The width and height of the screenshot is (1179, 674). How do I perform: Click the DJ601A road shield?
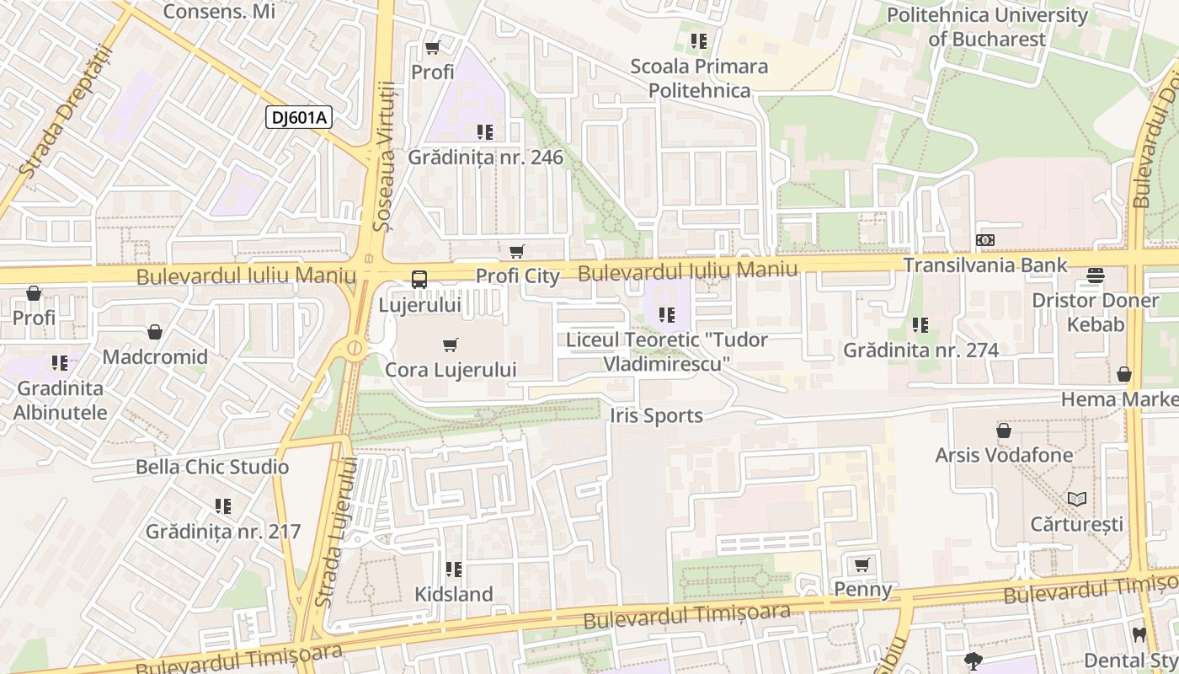click(x=299, y=117)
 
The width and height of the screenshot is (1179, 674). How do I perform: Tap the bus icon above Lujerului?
click(x=419, y=280)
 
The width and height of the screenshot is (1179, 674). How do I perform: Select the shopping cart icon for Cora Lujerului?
click(x=451, y=345)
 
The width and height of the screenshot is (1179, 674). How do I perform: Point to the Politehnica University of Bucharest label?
click(x=986, y=27)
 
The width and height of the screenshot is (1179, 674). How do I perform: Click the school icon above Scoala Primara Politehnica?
click(x=698, y=40)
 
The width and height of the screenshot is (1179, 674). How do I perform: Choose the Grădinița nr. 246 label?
click(x=486, y=158)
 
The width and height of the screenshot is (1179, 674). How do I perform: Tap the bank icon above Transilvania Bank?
click(x=984, y=240)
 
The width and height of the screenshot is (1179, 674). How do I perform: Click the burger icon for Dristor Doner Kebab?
click(x=1095, y=275)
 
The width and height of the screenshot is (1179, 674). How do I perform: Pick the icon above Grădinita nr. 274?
click(x=920, y=324)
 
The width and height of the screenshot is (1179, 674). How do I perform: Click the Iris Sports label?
click(x=657, y=415)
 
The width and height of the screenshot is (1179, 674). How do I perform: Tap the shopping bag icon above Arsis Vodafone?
click(x=1004, y=431)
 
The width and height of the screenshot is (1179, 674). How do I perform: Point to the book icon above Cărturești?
click(x=1076, y=499)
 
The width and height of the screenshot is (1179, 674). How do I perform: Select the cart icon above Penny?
click(x=862, y=564)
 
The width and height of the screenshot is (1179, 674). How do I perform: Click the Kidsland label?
click(x=454, y=594)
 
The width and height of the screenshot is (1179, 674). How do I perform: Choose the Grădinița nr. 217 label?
click(x=223, y=532)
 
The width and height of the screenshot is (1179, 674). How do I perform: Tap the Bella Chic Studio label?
click(x=212, y=467)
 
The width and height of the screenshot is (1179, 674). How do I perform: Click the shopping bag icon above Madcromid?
click(x=155, y=333)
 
